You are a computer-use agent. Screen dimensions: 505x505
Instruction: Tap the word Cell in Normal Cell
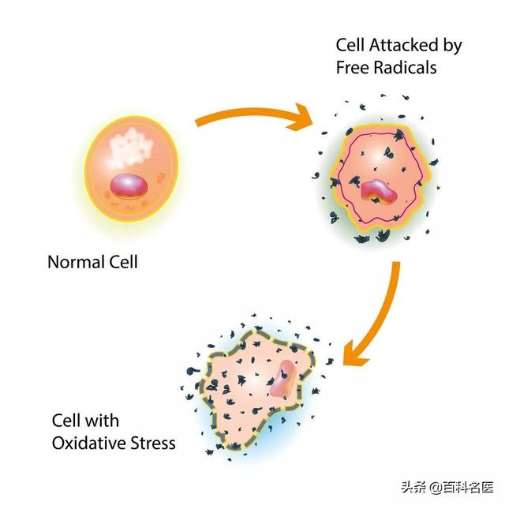(123, 261)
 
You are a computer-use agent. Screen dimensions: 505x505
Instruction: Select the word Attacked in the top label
(404, 46)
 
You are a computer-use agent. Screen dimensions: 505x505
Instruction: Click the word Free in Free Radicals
(351, 66)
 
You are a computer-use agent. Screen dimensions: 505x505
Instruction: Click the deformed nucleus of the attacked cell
(379, 192)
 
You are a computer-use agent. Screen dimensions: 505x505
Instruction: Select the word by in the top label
(452, 46)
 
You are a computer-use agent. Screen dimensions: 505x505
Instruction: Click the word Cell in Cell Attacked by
(350, 46)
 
